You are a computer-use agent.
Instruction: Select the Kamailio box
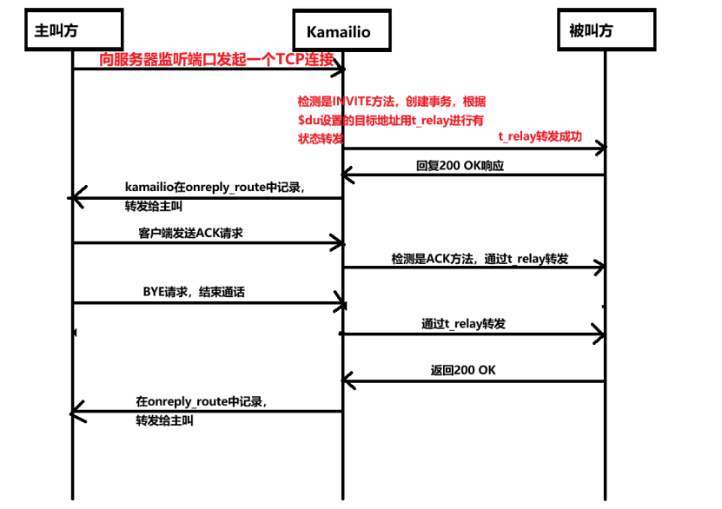pyautogui.click(x=338, y=32)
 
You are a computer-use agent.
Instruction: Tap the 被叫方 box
pyautogui.click(x=591, y=31)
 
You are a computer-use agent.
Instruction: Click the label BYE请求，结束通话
pyautogui.click(x=193, y=292)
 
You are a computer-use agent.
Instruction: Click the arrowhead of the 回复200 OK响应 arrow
pyautogui.click(x=345, y=176)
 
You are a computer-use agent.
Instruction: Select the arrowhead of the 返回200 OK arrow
pyautogui.click(x=345, y=380)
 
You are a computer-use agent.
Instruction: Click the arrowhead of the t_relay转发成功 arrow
pyautogui.click(x=599, y=150)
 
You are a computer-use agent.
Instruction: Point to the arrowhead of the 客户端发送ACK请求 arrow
pyautogui.click(x=340, y=244)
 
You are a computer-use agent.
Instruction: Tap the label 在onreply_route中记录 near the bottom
pyautogui.click(x=201, y=402)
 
